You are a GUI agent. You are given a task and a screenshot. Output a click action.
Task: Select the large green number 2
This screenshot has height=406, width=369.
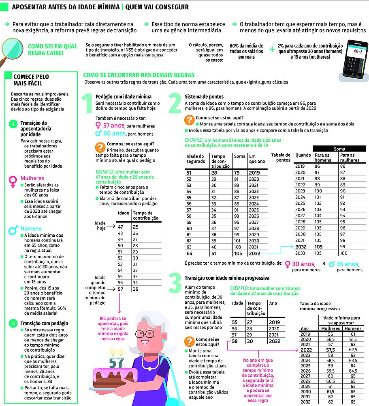click(175, 104)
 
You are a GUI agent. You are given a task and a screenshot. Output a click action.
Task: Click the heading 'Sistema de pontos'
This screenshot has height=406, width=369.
click(204, 97)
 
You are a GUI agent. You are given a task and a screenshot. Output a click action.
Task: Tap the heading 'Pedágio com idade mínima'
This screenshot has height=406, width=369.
click(123, 97)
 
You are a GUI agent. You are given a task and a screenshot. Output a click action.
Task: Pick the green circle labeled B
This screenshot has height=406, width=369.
click(14, 323)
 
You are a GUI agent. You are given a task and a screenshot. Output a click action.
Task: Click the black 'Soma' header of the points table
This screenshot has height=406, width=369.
click(339, 149)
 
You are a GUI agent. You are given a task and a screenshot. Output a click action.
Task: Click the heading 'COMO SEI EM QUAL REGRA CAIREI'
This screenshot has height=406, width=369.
click(53, 50)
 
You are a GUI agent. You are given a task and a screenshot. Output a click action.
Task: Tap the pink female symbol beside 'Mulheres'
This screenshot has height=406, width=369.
click(13, 179)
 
